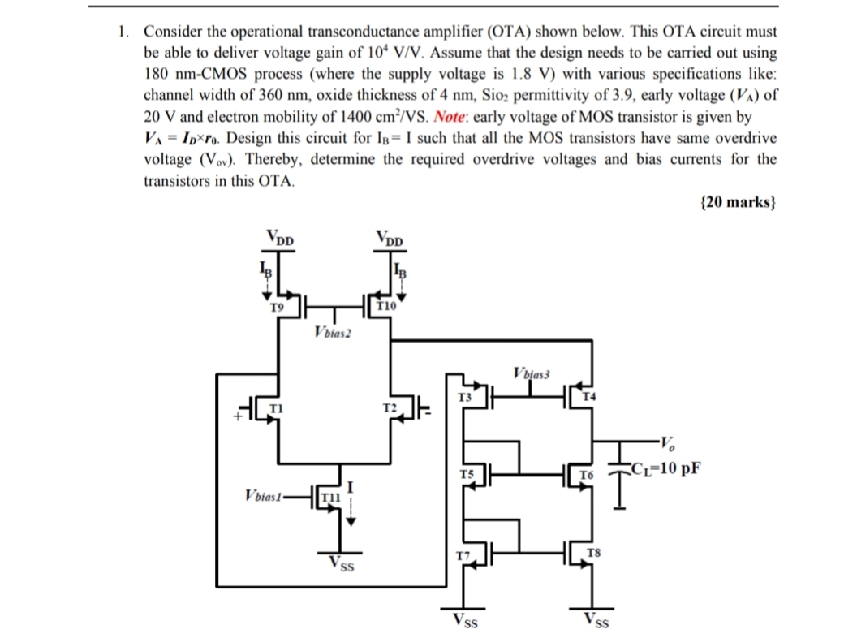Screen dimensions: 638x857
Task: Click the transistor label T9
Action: click(x=276, y=307)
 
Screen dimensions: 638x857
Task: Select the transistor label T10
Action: click(x=387, y=306)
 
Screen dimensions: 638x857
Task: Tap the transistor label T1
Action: click(x=274, y=407)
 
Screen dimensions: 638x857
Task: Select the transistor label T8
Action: click(x=593, y=553)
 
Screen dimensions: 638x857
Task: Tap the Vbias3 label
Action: click(x=532, y=374)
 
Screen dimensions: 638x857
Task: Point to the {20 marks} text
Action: click(x=737, y=202)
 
